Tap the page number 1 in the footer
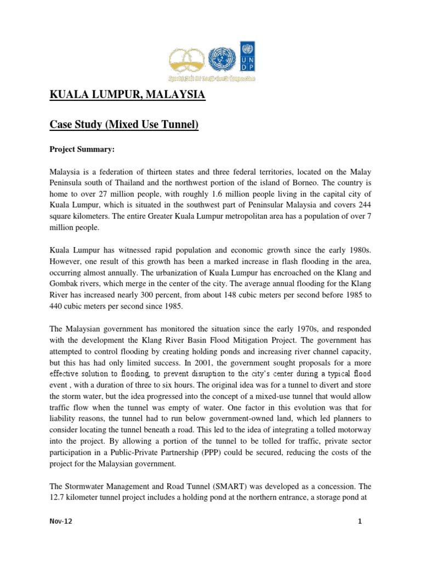360,522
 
